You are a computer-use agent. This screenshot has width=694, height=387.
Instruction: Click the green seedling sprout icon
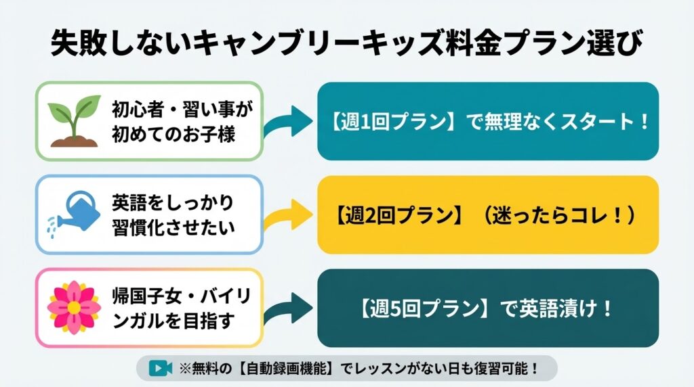(75, 120)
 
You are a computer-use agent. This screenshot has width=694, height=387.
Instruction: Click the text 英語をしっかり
(172, 202)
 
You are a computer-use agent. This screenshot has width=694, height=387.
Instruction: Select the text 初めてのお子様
(173, 134)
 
